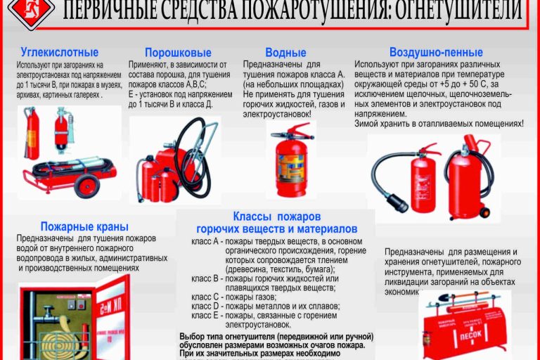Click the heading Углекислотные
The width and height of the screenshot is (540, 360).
(x=60, y=53)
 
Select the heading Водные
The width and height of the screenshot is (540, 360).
(x=285, y=53)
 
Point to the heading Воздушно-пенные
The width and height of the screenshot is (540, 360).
(x=436, y=53)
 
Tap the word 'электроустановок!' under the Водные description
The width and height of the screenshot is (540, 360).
(x=276, y=113)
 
